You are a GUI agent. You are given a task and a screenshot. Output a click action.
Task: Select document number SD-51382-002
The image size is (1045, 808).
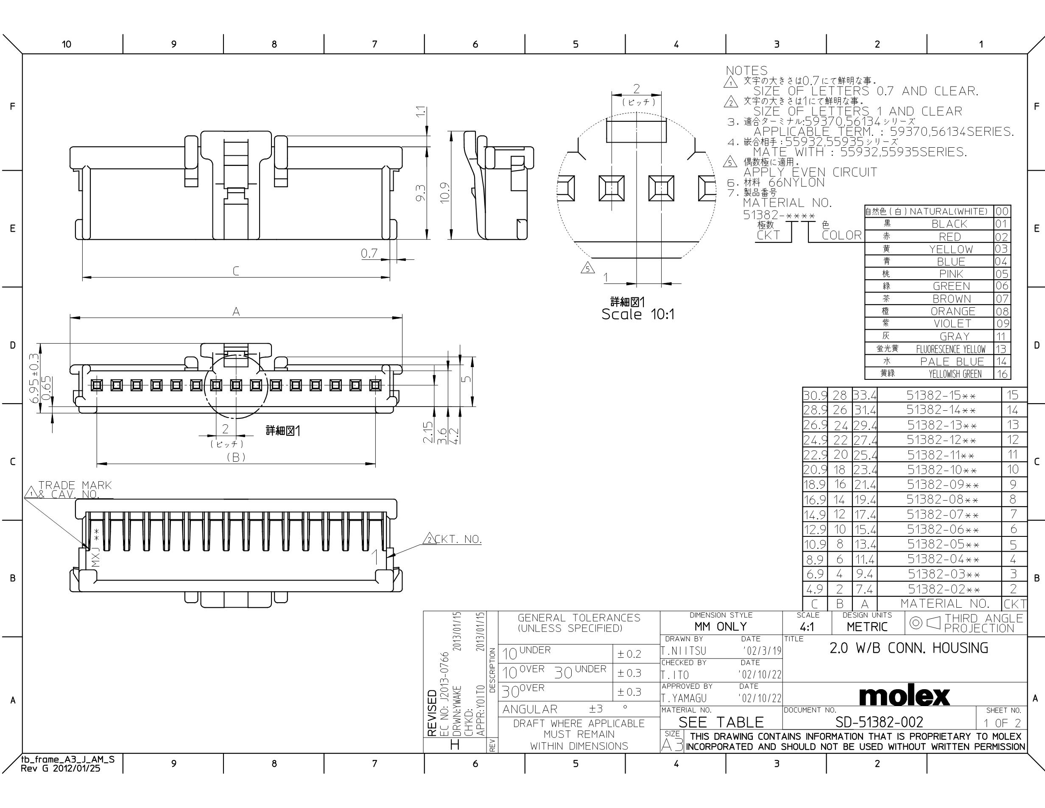pos(879,722)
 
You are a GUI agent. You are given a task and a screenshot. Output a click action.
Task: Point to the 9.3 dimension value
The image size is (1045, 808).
pos(421,193)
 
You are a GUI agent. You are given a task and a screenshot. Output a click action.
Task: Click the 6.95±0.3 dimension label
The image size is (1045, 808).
pos(34,378)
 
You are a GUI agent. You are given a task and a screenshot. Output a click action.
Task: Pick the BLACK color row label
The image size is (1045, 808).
pos(949,224)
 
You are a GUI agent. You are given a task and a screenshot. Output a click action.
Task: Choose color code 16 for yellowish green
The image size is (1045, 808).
pos(1002,374)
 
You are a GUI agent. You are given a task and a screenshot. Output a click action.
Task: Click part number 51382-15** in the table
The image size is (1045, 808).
pos(941,396)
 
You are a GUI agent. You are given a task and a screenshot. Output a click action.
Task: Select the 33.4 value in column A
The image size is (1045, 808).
pos(865,396)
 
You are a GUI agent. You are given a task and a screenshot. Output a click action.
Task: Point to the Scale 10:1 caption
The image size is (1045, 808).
pos(637,314)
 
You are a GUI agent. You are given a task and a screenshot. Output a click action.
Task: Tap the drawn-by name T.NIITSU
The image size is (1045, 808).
pos(683,651)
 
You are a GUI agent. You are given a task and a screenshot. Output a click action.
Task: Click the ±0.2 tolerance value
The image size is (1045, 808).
pos(629,654)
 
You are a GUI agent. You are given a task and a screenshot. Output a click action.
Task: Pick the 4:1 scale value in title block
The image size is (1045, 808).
pos(807,627)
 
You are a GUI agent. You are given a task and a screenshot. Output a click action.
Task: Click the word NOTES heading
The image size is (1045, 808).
pos(746,71)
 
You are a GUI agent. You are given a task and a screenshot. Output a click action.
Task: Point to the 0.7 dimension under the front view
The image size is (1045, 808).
pos(369,253)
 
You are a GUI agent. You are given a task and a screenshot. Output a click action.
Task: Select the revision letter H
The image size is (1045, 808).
pos(455,744)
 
